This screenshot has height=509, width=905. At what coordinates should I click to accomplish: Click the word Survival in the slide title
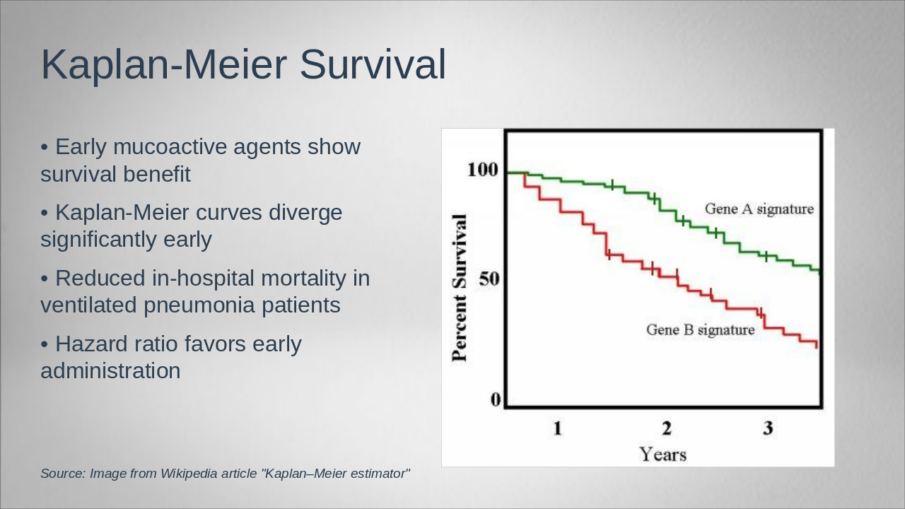373,64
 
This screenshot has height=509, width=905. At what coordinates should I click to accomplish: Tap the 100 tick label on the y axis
483,170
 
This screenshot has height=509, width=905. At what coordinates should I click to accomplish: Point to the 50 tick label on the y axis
489,279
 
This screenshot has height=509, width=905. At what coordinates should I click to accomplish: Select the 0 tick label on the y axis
496,400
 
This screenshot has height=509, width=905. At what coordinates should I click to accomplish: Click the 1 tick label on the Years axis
557,428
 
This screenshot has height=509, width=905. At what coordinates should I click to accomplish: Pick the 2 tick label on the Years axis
666,428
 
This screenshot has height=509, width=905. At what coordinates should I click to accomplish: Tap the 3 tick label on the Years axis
768,428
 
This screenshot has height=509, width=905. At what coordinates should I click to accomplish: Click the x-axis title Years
662,454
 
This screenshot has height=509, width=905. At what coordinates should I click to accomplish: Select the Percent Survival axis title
460,287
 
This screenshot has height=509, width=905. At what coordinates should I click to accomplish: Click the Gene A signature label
759,209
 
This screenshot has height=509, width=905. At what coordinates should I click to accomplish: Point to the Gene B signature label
700,330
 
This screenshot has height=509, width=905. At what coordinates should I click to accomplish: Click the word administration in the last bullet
110,371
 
